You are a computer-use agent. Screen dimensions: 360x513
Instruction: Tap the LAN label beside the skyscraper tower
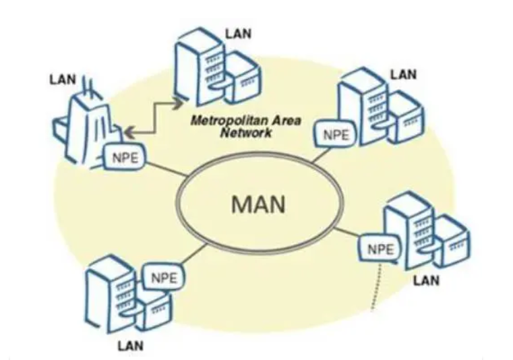pyautogui.click(x=63, y=79)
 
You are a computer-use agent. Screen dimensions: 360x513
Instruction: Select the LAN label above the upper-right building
pyautogui.click(x=405, y=70)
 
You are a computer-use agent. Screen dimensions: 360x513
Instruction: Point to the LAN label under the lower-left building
pyautogui.click(x=131, y=346)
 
